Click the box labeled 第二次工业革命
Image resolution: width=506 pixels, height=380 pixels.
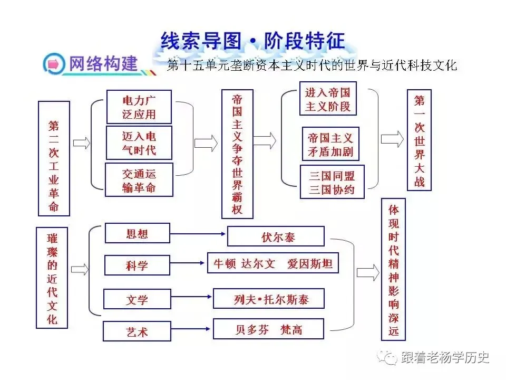tap(54, 158)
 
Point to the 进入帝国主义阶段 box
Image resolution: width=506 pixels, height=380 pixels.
tap(327, 99)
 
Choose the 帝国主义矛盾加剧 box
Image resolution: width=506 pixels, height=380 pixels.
tap(330, 144)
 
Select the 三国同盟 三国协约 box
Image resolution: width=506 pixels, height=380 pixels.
tap(332, 182)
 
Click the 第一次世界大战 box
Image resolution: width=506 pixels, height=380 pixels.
tap(419, 140)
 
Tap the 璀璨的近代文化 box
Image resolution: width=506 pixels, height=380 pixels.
tap(52, 278)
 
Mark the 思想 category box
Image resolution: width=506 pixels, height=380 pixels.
tap(137, 233)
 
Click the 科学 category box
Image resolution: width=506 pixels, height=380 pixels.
tap(137, 265)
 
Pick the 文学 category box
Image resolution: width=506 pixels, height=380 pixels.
tap(137, 299)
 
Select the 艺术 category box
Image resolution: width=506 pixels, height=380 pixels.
tap(137, 331)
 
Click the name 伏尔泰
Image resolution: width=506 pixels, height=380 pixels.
tap(278, 237)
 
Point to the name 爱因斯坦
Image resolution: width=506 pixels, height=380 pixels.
tap(310, 264)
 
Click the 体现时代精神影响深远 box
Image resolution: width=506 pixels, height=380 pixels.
tap(393, 269)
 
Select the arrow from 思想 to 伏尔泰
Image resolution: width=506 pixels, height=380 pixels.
tap(198, 233)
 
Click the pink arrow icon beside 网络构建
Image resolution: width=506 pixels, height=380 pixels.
tap(53, 64)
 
